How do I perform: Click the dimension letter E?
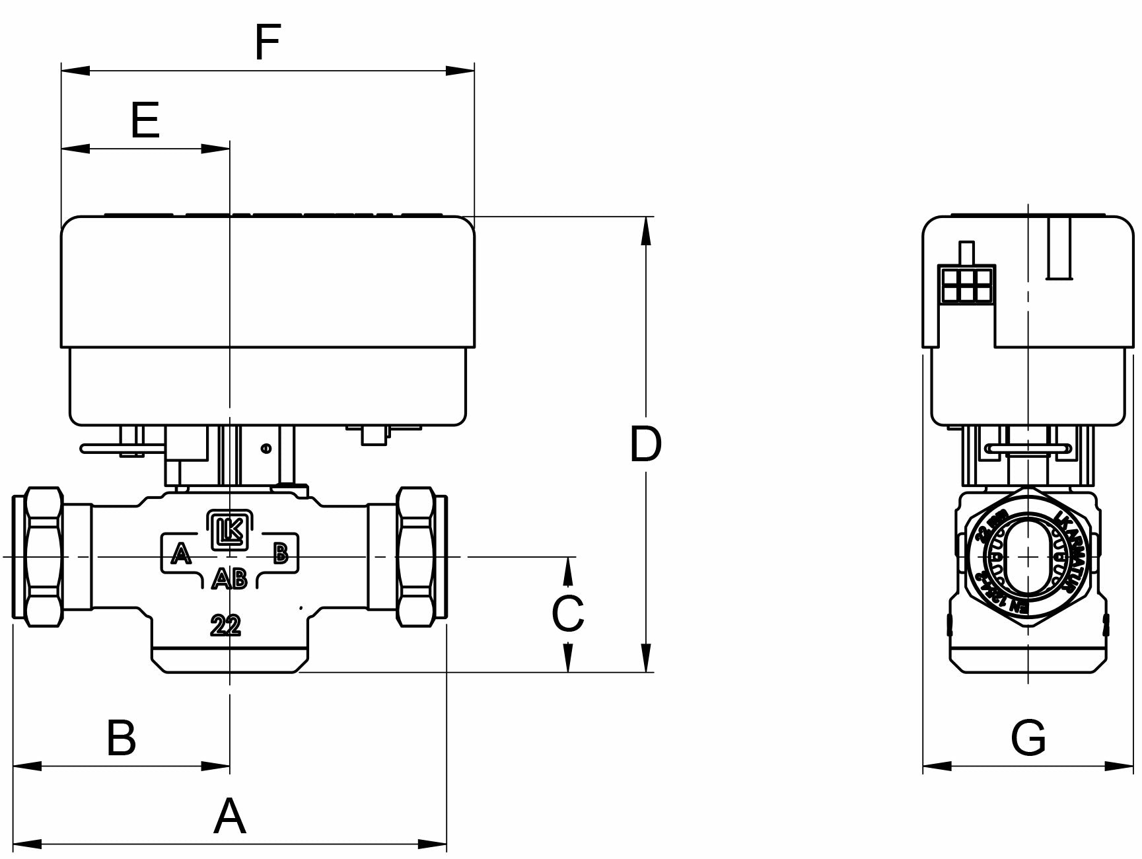[x=145, y=121]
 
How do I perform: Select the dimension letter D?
[x=645, y=444]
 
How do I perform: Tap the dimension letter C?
[x=567, y=613]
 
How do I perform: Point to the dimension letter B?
[x=122, y=738]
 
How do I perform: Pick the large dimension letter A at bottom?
[x=230, y=816]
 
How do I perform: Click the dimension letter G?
[x=1028, y=738]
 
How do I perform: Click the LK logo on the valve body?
[x=229, y=530]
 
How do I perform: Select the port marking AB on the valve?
[x=229, y=579]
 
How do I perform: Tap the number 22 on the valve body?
[x=226, y=625]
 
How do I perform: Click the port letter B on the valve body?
[x=281, y=553]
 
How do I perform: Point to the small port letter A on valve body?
[x=180, y=553]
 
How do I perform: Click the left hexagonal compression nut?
[x=44, y=556]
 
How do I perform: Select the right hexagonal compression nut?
[x=414, y=556]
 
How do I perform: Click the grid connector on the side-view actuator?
[x=967, y=284]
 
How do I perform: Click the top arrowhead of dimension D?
[x=646, y=231]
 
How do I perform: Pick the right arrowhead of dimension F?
[x=460, y=70]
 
